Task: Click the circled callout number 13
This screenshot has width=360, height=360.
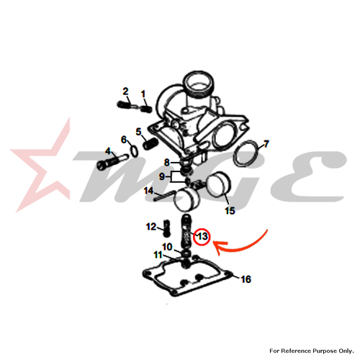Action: pyautogui.click(x=202, y=237)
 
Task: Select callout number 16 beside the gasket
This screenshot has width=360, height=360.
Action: pyautogui.click(x=246, y=279)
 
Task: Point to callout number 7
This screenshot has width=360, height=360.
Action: pyautogui.click(x=266, y=144)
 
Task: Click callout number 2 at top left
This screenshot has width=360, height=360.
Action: pyautogui.click(x=125, y=91)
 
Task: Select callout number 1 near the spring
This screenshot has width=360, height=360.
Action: pyautogui.click(x=143, y=94)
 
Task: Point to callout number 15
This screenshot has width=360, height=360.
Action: pyautogui.click(x=230, y=211)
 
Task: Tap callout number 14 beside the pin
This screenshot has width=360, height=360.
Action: pyautogui.click(x=148, y=191)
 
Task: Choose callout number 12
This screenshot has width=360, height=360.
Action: pyautogui.click(x=151, y=227)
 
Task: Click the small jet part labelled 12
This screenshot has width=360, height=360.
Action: pyautogui.click(x=167, y=228)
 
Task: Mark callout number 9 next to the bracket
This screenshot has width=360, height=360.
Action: pyautogui.click(x=162, y=176)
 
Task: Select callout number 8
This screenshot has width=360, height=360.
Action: pyautogui.click(x=167, y=163)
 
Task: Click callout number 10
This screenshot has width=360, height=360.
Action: pyautogui.click(x=167, y=247)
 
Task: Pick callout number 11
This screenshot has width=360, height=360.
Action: pyautogui.click(x=158, y=255)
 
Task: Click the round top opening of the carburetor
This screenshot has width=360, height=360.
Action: pyautogui.click(x=199, y=83)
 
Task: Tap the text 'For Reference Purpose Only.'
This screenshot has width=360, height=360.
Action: pyautogui.click(x=312, y=351)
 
